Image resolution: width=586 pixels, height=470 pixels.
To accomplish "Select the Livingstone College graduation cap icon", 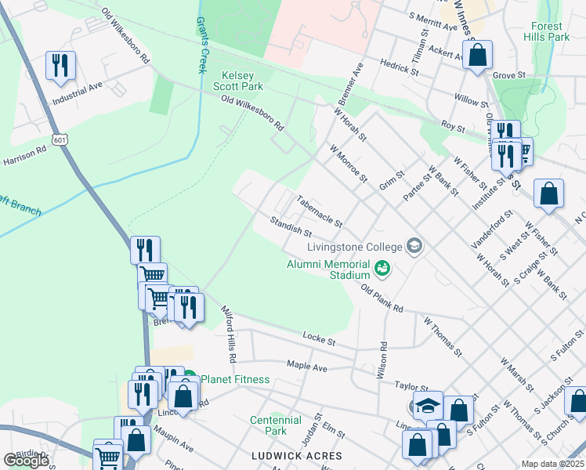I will point(414,247).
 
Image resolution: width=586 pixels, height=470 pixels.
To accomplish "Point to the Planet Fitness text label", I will point(235,380).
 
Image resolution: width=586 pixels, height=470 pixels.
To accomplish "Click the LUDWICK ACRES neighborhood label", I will point(296,456).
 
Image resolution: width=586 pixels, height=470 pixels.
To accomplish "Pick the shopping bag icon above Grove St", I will point(476,56).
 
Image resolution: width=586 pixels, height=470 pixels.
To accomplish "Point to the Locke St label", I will point(318,338).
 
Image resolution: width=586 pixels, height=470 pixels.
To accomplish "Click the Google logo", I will point(26,461).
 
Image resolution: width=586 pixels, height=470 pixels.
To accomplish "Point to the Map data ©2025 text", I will point(552,464).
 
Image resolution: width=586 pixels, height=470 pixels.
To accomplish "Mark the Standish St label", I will point(291,228).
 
